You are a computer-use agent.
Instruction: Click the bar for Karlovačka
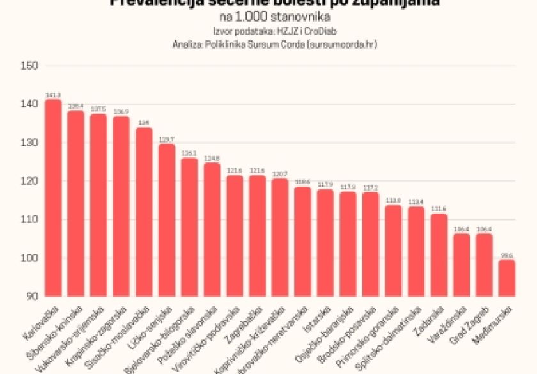pyautogui.click(x=54, y=198)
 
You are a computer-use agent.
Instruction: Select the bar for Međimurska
pyautogui.click(x=507, y=278)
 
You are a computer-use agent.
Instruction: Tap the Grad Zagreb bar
pyautogui.click(x=485, y=265)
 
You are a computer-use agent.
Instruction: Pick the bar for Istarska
pyautogui.click(x=325, y=243)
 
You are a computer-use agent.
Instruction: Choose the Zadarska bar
pyautogui.click(x=439, y=255)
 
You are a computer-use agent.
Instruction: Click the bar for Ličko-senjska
pyautogui.click(x=167, y=220)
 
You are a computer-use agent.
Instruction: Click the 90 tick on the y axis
pyautogui.click(x=31, y=296)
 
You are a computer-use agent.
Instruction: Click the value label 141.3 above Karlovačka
pyautogui.click(x=53, y=95)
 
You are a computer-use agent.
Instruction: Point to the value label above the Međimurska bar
pyautogui.click(x=507, y=255)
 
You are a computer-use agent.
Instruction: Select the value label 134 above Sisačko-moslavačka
pyautogui.click(x=144, y=123)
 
